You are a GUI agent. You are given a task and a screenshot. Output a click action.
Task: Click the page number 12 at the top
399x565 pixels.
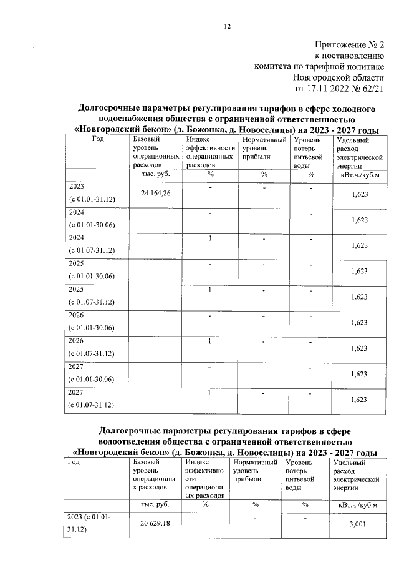227,26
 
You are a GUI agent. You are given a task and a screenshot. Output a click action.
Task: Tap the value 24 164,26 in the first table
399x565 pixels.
155,194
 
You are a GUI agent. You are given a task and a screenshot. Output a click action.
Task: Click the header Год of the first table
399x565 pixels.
98,140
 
